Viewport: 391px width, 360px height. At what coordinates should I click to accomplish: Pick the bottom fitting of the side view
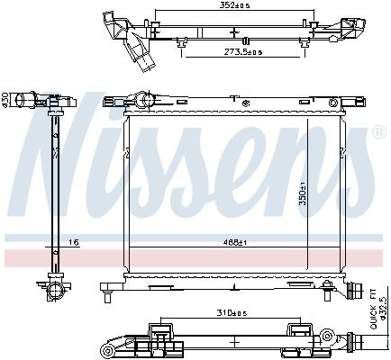point(53,290)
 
